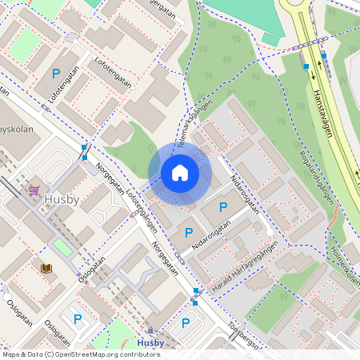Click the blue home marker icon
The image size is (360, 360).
pos(180,173)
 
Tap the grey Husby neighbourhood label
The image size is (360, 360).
pos(62,200)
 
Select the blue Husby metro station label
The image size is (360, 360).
pos(150,343)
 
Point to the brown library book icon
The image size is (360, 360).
pos(46,268)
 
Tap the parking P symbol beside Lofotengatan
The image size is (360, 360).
pos(56,74)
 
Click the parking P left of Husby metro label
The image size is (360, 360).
pos(78,318)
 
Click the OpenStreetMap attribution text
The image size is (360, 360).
pos(82,354)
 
